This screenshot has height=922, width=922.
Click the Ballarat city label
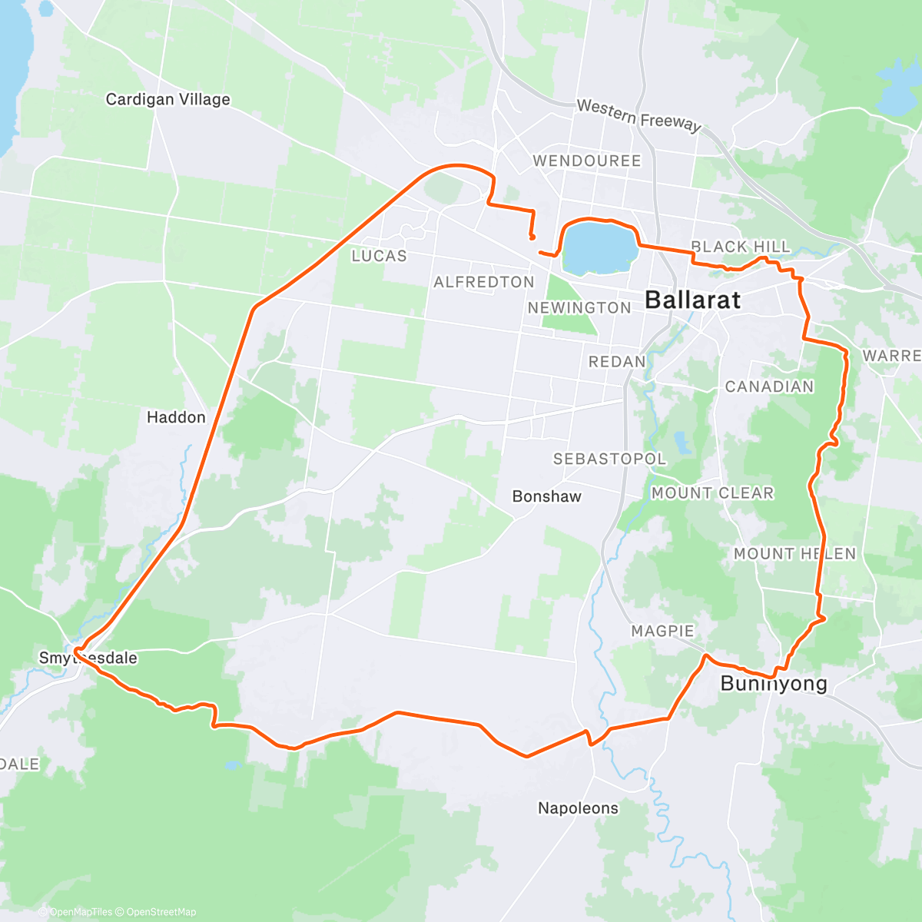coord(692,300)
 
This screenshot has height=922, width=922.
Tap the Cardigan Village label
coord(167,99)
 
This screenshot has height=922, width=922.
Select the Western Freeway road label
coord(638,115)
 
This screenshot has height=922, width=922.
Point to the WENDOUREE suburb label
coord(587,161)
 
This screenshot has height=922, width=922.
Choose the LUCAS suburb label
coord(379,256)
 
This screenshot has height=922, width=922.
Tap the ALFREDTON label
coord(484,282)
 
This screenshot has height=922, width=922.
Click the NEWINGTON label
coord(579,308)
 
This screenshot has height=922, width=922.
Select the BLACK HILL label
coord(740,247)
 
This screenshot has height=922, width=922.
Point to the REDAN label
coord(617,361)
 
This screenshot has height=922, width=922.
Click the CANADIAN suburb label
coord(769,386)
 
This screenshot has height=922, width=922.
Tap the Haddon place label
coord(176,417)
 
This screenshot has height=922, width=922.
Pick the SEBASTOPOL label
coord(610,459)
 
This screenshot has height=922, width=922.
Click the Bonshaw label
coord(547,496)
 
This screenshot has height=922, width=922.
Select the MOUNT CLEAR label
coord(712,493)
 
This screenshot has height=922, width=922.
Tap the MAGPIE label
coord(662,631)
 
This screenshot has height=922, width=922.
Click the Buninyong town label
coord(774,684)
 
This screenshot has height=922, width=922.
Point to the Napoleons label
coord(578,808)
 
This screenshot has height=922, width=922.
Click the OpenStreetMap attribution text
coord(161,912)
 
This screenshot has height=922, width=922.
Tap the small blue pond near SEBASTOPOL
coord(681,443)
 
